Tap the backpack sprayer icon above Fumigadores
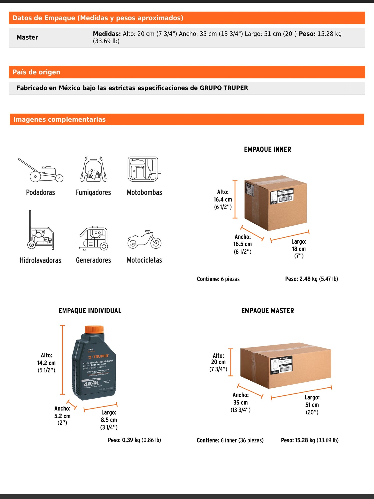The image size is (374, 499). [x=93, y=169]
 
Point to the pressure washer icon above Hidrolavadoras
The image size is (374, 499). [x=40, y=230]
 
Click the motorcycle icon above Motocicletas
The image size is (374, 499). [x=144, y=240]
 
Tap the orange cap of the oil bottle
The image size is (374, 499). [x=94, y=329]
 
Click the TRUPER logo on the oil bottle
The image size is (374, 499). [x=98, y=357]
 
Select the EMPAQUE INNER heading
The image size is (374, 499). [x=267, y=149]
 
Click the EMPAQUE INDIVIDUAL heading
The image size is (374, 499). [x=90, y=311]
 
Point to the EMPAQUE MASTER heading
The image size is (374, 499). [x=267, y=311]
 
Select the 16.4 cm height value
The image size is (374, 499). [x=223, y=199]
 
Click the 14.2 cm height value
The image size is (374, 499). [x=46, y=363]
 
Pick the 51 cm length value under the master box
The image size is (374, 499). [x=312, y=405]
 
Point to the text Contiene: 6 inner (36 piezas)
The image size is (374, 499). [x=230, y=440]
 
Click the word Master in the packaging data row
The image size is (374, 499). [x=27, y=38]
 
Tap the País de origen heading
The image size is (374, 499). [x=36, y=72]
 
